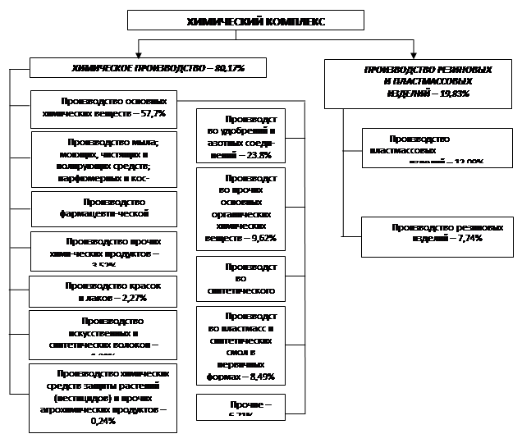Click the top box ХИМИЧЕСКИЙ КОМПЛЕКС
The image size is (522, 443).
click(245, 21)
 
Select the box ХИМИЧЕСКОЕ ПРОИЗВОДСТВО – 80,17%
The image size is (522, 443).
click(149, 67)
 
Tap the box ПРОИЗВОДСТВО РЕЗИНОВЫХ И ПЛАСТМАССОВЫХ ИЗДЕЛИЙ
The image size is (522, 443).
click(419, 83)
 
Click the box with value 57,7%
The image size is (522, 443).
click(103, 109)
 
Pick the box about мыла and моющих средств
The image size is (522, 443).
click(103, 160)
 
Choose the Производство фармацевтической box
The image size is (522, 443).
click(103, 208)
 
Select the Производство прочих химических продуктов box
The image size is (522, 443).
click(103, 251)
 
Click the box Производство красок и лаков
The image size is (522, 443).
click(103, 292)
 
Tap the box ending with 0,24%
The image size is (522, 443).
click(103, 398)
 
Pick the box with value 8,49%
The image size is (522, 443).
click(240, 345)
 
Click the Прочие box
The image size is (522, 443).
click(240, 407)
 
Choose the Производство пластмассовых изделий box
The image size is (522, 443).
click(437, 148)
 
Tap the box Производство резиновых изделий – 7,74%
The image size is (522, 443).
click(437, 234)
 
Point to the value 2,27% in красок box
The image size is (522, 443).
click(131, 298)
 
